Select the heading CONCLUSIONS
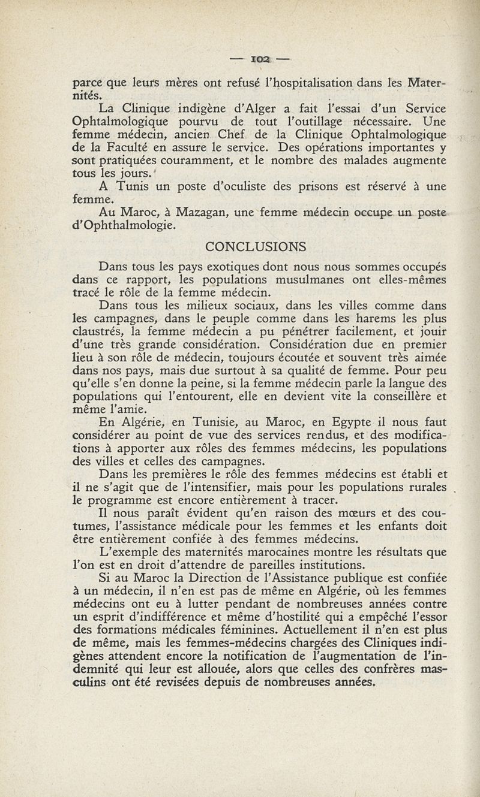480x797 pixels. [256, 246]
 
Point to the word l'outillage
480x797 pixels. [322, 123]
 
